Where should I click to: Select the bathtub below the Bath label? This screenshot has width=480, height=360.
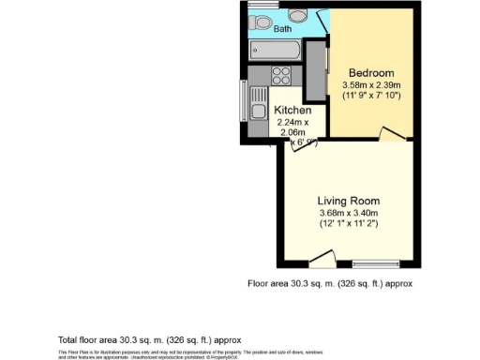click(277, 50)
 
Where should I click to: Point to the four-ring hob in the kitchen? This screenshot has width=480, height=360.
click(280, 76)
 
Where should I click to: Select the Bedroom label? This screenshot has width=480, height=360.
click(371, 73)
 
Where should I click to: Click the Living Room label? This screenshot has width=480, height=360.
click(348, 201)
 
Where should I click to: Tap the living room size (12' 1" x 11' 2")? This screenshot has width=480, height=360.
click(348, 224)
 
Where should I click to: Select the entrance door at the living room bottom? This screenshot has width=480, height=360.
click(322, 258)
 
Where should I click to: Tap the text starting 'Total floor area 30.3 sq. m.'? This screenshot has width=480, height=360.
click(150, 339)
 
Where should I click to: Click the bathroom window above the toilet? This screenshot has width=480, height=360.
click(260, 7)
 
